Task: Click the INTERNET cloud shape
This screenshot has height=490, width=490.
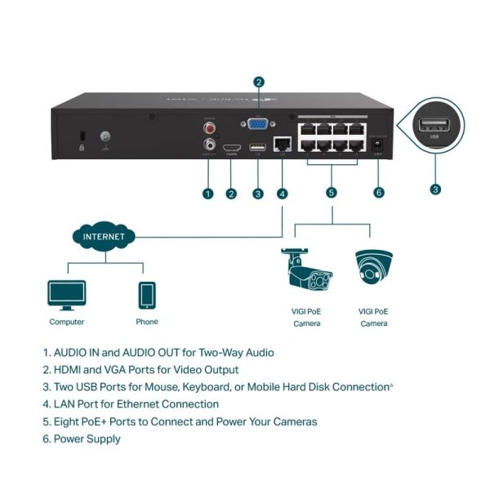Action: click(104, 237)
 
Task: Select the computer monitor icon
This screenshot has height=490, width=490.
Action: click(66, 295)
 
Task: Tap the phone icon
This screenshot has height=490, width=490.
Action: click(147, 295)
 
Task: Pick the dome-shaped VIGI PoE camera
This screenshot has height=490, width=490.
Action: click(374, 269)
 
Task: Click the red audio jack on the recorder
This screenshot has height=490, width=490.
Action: click(209, 128)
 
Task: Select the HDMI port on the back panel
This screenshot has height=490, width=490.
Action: click(231, 147)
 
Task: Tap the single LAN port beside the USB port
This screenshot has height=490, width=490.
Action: click(283, 144)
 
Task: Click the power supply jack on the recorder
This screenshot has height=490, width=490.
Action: click(378, 145)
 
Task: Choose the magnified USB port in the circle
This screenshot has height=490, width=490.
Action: click(434, 126)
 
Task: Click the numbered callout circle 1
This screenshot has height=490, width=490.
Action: click(208, 194)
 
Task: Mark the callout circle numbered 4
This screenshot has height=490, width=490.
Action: click(283, 194)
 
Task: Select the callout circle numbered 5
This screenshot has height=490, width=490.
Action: click(331, 194)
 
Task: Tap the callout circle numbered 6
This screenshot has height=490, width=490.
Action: click(378, 194)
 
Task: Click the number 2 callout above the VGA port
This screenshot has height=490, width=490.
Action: click(259, 82)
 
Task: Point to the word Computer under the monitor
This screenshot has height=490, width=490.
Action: click(66, 322)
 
